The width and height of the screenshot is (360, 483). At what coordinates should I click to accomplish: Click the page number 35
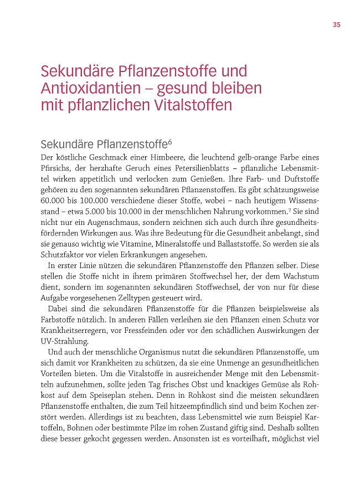[x=336, y=24]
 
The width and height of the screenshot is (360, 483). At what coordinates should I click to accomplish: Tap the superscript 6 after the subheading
[x=169, y=142]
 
